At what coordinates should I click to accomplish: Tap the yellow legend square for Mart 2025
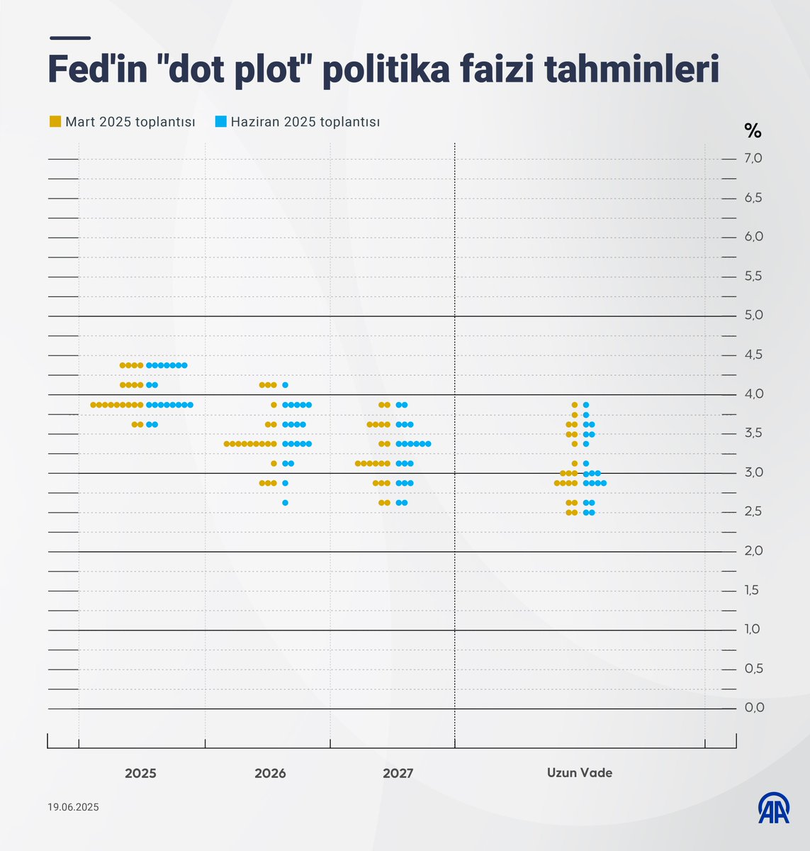(55, 122)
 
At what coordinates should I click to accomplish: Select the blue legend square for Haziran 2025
(220, 122)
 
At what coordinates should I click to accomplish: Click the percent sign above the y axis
(753, 130)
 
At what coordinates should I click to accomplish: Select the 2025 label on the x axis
(140, 773)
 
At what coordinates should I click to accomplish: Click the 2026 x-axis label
(270, 773)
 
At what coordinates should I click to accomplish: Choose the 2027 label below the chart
(398, 773)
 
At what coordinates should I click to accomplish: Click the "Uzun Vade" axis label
(579, 773)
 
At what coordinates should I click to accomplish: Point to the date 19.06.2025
(74, 807)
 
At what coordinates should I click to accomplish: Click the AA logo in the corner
(774, 808)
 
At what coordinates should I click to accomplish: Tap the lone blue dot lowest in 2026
(285, 503)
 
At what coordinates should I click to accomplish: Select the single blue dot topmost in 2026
(285, 385)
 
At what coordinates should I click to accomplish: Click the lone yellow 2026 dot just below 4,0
(274, 405)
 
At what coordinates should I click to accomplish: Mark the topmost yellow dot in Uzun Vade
(575, 405)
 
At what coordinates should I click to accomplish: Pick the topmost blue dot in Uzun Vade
(586, 405)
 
